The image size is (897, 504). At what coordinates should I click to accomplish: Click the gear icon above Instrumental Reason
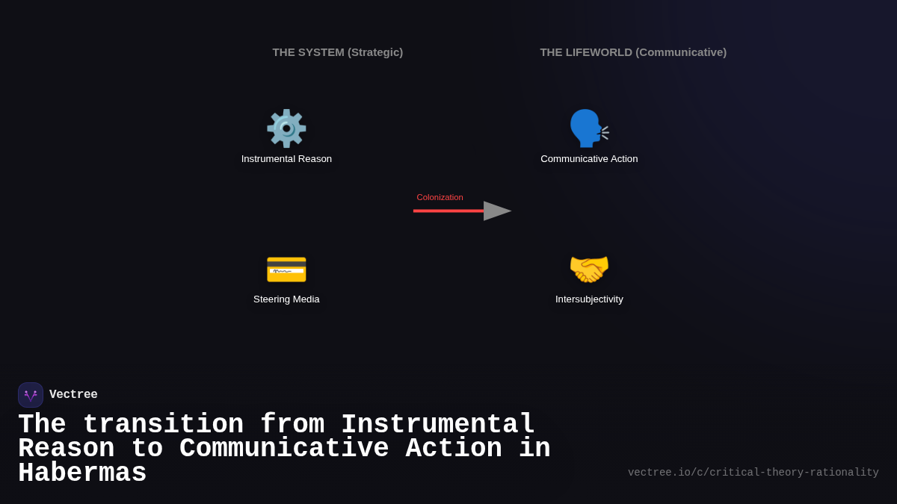coord(286,128)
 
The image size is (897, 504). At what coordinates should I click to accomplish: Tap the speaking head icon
coord(588,128)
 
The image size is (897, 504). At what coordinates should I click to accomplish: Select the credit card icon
coord(286,270)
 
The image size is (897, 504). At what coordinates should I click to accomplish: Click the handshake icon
coord(589,269)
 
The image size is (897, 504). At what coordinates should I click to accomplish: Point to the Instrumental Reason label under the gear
coord(286,159)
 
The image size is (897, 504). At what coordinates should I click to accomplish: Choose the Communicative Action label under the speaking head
coord(589,159)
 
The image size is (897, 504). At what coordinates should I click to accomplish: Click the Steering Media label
coord(286,299)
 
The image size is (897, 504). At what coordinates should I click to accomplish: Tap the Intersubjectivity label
coord(589,299)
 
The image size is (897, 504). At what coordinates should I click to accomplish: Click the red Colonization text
coord(440,197)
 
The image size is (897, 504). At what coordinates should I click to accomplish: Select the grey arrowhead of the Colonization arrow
coord(496,211)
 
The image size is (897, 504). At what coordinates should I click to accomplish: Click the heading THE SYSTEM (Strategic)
coord(337,52)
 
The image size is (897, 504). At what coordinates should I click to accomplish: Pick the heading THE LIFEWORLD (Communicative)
coord(633,52)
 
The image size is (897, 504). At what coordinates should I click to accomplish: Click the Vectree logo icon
coord(31,395)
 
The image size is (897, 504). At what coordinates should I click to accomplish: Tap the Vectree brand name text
coord(73,395)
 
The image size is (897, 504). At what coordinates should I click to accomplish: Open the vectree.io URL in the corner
coord(753,473)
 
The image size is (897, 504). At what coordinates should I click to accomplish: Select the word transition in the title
coord(163,425)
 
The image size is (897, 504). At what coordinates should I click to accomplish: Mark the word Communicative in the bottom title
coord(284,449)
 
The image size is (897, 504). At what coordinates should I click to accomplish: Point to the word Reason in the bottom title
coord(66,449)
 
